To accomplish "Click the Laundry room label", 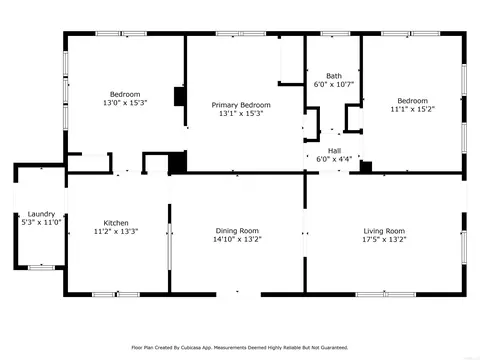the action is tap(41, 214).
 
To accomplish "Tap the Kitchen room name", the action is tap(116, 223).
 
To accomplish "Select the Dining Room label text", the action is tap(237, 231).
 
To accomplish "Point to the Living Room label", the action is tap(384, 231).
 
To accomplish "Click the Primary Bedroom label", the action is tap(241, 105).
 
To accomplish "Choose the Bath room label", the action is tap(334, 76).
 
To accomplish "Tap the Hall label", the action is tap(334, 151).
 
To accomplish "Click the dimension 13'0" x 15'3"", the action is tap(125, 103).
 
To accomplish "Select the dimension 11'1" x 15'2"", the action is tap(413, 109).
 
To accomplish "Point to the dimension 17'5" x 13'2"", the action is tap(384, 239).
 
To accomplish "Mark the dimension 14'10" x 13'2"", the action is tap(237, 239).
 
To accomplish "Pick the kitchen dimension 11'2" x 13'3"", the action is tap(116, 231).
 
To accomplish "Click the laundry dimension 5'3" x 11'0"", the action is tap(41, 222).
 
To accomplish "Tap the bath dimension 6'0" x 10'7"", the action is tap(334, 84).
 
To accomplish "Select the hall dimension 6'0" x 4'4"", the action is tap(334, 159).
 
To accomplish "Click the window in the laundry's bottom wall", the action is tap(41, 267).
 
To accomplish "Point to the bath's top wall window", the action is tap(335, 33).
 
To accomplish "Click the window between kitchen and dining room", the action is tap(169, 247).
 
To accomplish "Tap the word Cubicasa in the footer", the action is tap(191, 348).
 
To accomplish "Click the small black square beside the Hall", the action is tap(366, 167).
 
